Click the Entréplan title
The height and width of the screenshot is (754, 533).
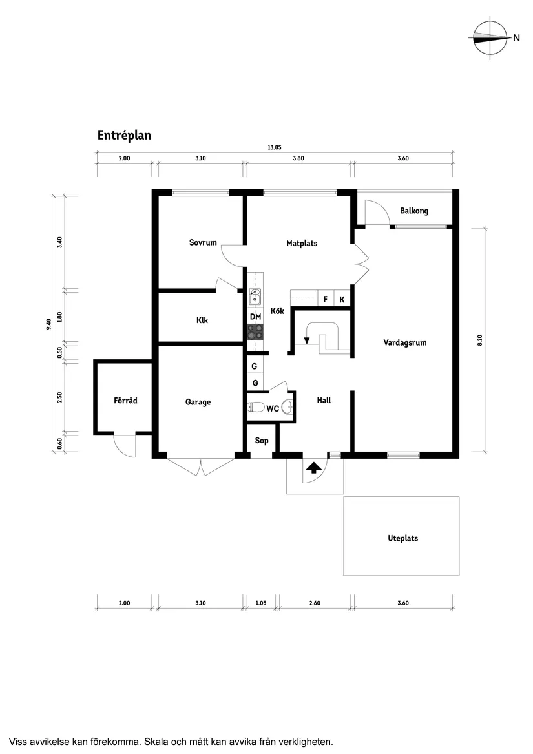pos(124,136)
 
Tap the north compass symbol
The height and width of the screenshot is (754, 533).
pos(489,38)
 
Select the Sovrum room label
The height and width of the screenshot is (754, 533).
pos(203,243)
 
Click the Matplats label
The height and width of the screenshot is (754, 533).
pos(302,244)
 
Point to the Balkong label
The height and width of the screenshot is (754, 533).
pos(413,211)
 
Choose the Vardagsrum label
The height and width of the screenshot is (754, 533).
pos(404,343)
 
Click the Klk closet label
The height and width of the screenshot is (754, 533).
pos(202,320)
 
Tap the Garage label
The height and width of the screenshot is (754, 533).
pos(198,402)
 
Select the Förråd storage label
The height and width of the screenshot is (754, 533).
pos(125,401)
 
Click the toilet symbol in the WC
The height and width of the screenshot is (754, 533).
pos(256,407)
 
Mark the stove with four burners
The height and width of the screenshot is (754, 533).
pos(255,332)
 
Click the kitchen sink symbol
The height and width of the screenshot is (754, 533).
pos(255,297)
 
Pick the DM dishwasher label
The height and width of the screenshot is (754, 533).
pos(255,316)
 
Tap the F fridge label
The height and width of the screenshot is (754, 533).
pos(325,300)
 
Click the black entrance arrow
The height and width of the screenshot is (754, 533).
pos(313,468)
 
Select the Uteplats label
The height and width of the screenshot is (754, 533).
pos(402,538)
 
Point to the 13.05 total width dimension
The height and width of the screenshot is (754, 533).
pos(275,147)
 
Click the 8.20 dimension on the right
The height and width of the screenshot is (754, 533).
pos(479,340)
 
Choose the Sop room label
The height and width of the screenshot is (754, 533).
pos(262,441)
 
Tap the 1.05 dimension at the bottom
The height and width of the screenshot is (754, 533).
pos(261,603)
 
